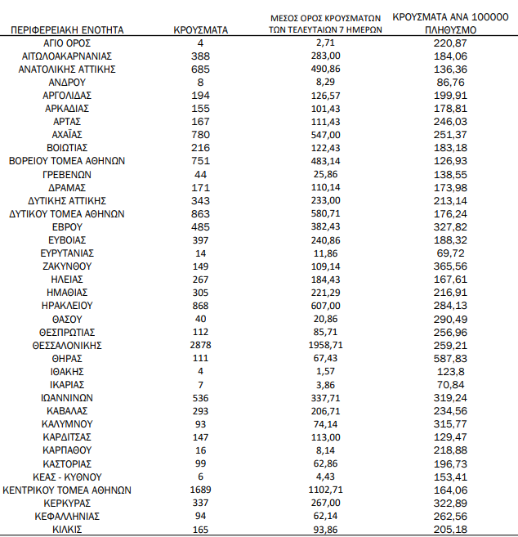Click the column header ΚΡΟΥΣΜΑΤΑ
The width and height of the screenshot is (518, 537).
(200, 29)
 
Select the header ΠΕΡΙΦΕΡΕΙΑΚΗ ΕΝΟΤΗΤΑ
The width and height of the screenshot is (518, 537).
(68, 29)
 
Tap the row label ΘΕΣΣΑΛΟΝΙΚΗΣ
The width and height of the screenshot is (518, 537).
(68, 345)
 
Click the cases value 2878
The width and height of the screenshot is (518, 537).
(200, 345)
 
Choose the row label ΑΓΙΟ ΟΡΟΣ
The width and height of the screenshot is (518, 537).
(68, 42)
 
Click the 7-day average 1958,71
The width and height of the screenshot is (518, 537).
(325, 345)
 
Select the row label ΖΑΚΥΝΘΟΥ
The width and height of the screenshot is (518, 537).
(68, 266)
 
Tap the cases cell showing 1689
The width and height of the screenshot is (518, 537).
(200, 490)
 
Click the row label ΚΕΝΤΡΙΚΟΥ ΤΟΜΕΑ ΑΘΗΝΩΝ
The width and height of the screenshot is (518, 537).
(68, 490)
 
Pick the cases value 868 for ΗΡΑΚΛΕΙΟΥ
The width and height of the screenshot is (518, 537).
(200, 306)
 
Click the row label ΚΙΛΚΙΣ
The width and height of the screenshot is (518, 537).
(68, 530)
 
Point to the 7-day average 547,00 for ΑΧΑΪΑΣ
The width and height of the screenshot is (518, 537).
(325, 134)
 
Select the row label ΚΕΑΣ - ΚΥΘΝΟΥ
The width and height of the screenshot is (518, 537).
(68, 477)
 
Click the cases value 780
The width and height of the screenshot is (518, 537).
(200, 134)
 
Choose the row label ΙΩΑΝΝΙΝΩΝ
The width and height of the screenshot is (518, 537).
(68, 398)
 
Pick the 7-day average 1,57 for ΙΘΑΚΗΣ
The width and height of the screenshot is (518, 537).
(325, 372)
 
